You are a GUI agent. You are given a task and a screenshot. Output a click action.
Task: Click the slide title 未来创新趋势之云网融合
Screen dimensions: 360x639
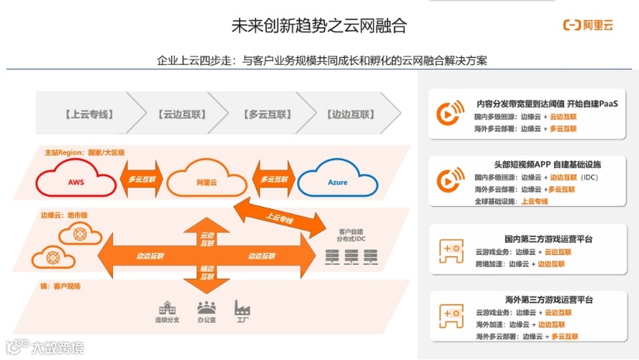319,26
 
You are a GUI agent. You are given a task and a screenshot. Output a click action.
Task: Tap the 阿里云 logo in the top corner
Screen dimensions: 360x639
587,26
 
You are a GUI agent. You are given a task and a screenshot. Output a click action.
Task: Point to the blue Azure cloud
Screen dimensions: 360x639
336,182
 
